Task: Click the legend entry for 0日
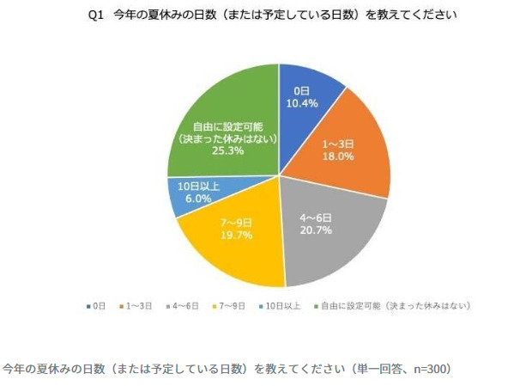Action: coord(96,305)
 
